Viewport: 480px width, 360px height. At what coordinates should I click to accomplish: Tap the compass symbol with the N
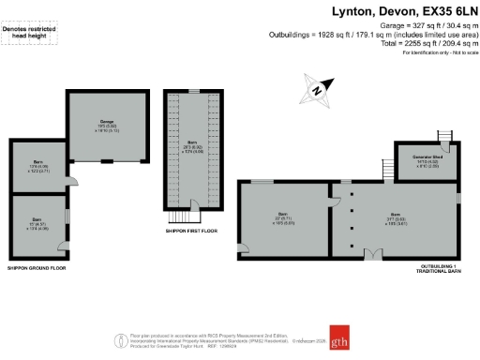[x=319, y=91]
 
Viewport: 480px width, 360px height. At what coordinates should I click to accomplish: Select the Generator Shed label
[x=422, y=163]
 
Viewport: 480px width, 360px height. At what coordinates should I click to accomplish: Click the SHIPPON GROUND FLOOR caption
[x=38, y=267]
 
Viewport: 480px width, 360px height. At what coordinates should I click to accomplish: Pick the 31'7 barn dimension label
[x=397, y=220]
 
